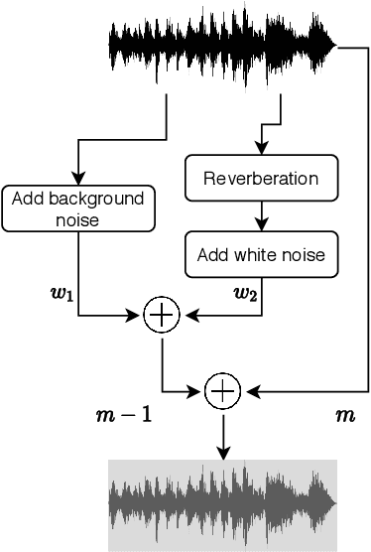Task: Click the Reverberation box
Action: pos(261,179)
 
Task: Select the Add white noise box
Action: pos(261,255)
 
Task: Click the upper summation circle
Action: pos(161,316)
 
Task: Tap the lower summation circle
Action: pos(223,392)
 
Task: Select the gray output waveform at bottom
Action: pos(222,504)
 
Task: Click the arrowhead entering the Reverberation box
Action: pos(261,151)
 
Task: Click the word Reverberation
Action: pos(261,179)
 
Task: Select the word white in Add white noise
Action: pos(267,255)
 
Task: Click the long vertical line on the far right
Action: pos(368,218)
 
